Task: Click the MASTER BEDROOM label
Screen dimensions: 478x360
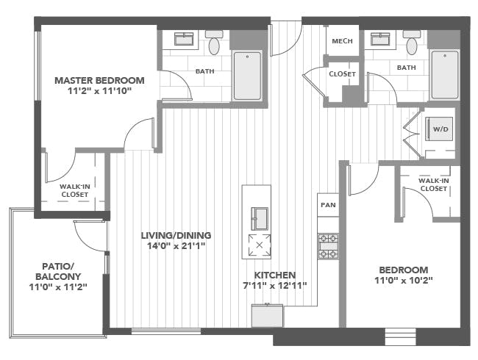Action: tap(99, 80)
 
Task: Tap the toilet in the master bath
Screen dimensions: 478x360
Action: tap(214, 43)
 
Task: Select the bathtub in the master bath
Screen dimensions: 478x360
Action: tap(247, 76)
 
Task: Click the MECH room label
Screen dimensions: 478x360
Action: tap(343, 41)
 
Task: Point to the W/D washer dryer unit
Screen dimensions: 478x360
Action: tap(439, 129)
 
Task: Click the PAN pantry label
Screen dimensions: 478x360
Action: tap(328, 205)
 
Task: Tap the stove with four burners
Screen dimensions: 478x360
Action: tap(328, 246)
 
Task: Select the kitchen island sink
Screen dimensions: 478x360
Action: tap(260, 218)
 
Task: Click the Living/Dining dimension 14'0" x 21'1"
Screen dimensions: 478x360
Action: tap(176, 246)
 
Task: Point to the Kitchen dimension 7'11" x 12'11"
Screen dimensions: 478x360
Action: tap(274, 286)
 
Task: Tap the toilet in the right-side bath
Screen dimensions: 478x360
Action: tap(412, 43)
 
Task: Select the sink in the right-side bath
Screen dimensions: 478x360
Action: tap(380, 39)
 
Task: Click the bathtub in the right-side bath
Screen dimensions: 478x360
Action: tap(444, 75)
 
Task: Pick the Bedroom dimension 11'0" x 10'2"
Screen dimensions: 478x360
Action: tap(404, 280)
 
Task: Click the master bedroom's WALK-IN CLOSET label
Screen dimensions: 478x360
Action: tap(75, 190)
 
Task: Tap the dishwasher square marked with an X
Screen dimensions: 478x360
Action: tap(260, 245)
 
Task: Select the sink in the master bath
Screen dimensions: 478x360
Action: tap(184, 39)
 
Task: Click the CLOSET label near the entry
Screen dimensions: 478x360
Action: tap(343, 74)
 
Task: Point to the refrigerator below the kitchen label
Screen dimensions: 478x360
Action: tap(267, 315)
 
